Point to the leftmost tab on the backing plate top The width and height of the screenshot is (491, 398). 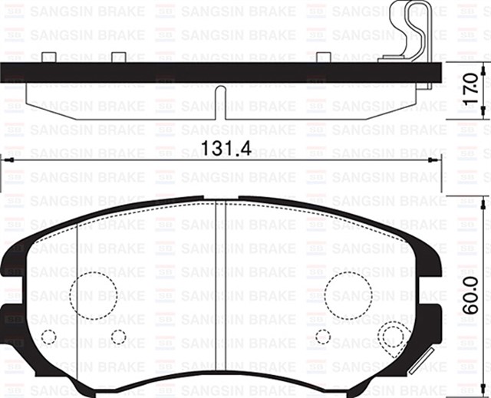[48, 57]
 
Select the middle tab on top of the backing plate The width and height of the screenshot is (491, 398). [118, 57]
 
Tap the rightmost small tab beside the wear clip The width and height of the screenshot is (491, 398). [325, 57]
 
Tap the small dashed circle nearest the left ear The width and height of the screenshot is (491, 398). [48, 336]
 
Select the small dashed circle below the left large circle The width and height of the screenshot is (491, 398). [118, 336]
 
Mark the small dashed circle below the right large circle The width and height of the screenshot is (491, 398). [323, 336]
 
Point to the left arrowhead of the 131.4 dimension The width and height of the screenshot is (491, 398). [6, 160]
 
